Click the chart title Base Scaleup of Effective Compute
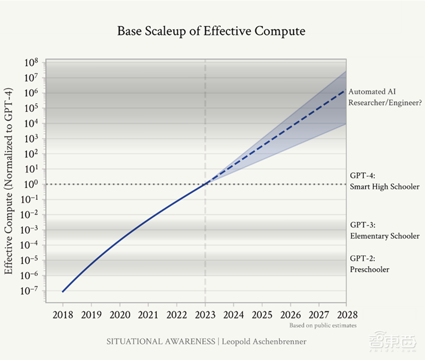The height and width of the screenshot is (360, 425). click(211, 31)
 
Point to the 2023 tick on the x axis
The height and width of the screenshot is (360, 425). click(205, 315)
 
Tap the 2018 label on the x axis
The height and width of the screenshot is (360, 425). click(63, 315)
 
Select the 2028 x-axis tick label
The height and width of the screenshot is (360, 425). click(346, 315)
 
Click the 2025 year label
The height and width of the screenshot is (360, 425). click(261, 315)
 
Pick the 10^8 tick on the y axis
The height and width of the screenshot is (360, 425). click(31, 63)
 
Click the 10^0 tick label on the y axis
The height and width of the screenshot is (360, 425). click(31, 185)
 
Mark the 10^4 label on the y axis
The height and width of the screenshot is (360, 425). click(31, 124)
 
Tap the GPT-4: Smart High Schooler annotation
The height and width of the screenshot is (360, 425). click(384, 181)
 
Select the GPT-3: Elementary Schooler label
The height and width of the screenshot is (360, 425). click(384, 231)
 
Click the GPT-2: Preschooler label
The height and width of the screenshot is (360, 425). click(369, 264)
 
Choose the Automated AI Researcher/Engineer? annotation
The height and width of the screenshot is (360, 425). click(384, 97)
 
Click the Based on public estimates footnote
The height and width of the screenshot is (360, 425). click(323, 326)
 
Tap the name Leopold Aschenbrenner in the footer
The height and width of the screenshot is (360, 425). click(263, 341)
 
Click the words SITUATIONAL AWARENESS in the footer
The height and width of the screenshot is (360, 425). click(161, 341)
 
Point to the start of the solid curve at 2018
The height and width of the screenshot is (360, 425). click(63, 291)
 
